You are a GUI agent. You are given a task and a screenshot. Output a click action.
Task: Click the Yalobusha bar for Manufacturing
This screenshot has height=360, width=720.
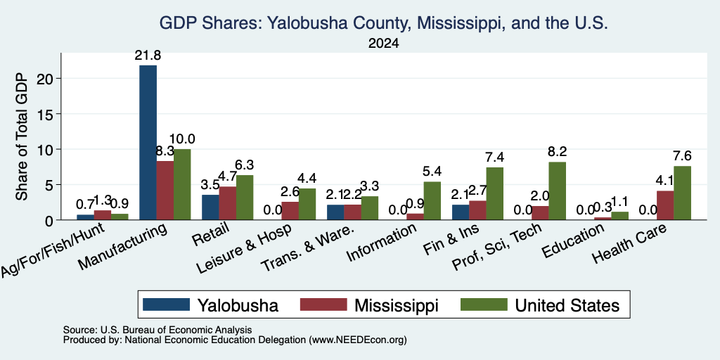point(148,142)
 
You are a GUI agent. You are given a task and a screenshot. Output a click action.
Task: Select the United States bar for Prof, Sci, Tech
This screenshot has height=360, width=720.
point(558,191)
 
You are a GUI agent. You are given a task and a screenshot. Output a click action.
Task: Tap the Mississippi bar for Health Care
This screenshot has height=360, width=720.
point(665,205)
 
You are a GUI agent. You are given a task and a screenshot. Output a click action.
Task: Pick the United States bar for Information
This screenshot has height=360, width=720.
point(432,200)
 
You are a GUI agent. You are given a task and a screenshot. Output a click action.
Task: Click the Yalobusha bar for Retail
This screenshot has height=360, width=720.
point(210,207)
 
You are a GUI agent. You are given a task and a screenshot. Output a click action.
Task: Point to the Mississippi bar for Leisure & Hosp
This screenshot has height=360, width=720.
point(290,211)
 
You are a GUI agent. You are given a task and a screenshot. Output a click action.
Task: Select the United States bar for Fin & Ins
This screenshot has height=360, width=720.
point(494,194)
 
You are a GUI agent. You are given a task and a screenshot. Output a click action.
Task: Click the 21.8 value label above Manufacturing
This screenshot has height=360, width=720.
point(148,56)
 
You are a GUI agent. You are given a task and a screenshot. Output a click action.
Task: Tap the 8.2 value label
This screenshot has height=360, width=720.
point(558,152)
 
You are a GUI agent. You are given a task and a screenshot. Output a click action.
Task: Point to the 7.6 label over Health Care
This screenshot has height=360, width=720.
point(682,156)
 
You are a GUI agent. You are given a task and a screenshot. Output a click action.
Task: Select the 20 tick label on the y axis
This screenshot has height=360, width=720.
point(48,79)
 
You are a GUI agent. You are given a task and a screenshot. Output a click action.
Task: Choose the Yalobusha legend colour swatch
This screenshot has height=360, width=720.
point(166,304)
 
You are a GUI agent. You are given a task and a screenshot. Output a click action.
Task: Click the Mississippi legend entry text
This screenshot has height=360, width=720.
point(397,305)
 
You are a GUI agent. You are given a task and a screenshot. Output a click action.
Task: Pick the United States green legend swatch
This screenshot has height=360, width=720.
point(484,304)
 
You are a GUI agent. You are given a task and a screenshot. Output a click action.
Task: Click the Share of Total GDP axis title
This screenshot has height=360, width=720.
point(22,136)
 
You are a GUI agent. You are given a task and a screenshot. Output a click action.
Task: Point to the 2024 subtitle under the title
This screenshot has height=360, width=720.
point(383,44)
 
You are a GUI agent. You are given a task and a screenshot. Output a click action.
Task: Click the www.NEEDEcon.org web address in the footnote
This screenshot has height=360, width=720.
point(358,340)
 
